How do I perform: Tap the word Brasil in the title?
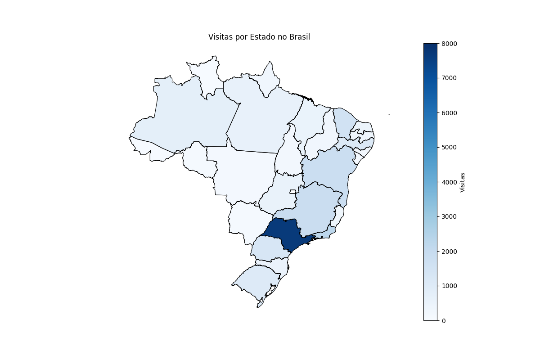click(298, 37)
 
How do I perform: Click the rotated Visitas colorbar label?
click(462, 182)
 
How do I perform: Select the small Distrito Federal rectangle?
click(293, 192)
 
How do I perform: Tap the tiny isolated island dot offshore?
click(389, 115)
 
